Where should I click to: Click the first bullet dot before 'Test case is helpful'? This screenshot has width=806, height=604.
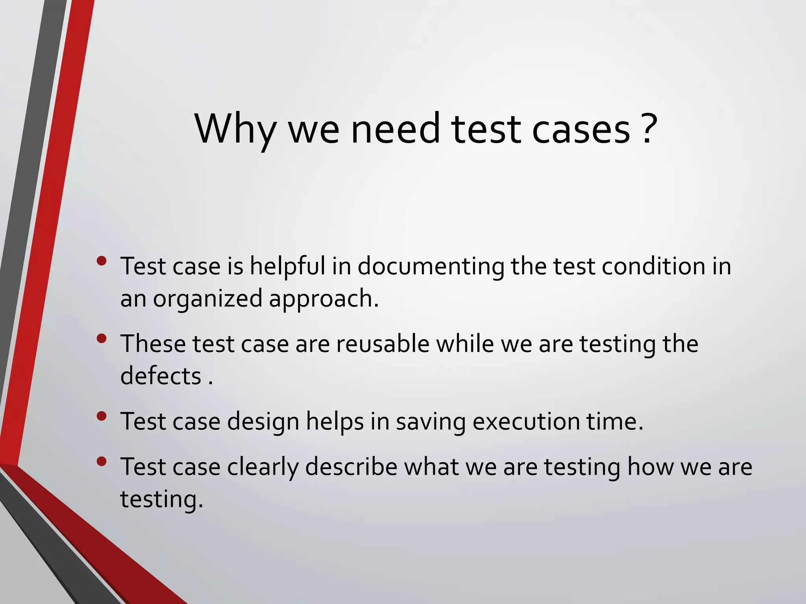point(101,261)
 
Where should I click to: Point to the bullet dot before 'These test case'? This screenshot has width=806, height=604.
point(101,339)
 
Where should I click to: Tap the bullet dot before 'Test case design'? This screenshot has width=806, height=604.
point(101,416)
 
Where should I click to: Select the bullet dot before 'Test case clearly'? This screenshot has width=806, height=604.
point(101,462)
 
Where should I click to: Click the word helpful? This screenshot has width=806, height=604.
point(288,267)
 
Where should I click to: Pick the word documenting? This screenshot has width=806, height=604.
point(431,267)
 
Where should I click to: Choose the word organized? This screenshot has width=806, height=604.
point(207,299)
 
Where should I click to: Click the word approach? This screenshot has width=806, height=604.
point(323,299)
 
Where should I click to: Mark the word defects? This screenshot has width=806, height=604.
point(161,376)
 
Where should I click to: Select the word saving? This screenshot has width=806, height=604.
point(430,422)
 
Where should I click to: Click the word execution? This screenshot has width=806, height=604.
point(526,422)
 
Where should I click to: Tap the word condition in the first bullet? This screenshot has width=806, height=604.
point(654,267)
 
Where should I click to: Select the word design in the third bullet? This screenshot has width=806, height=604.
point(263,422)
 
